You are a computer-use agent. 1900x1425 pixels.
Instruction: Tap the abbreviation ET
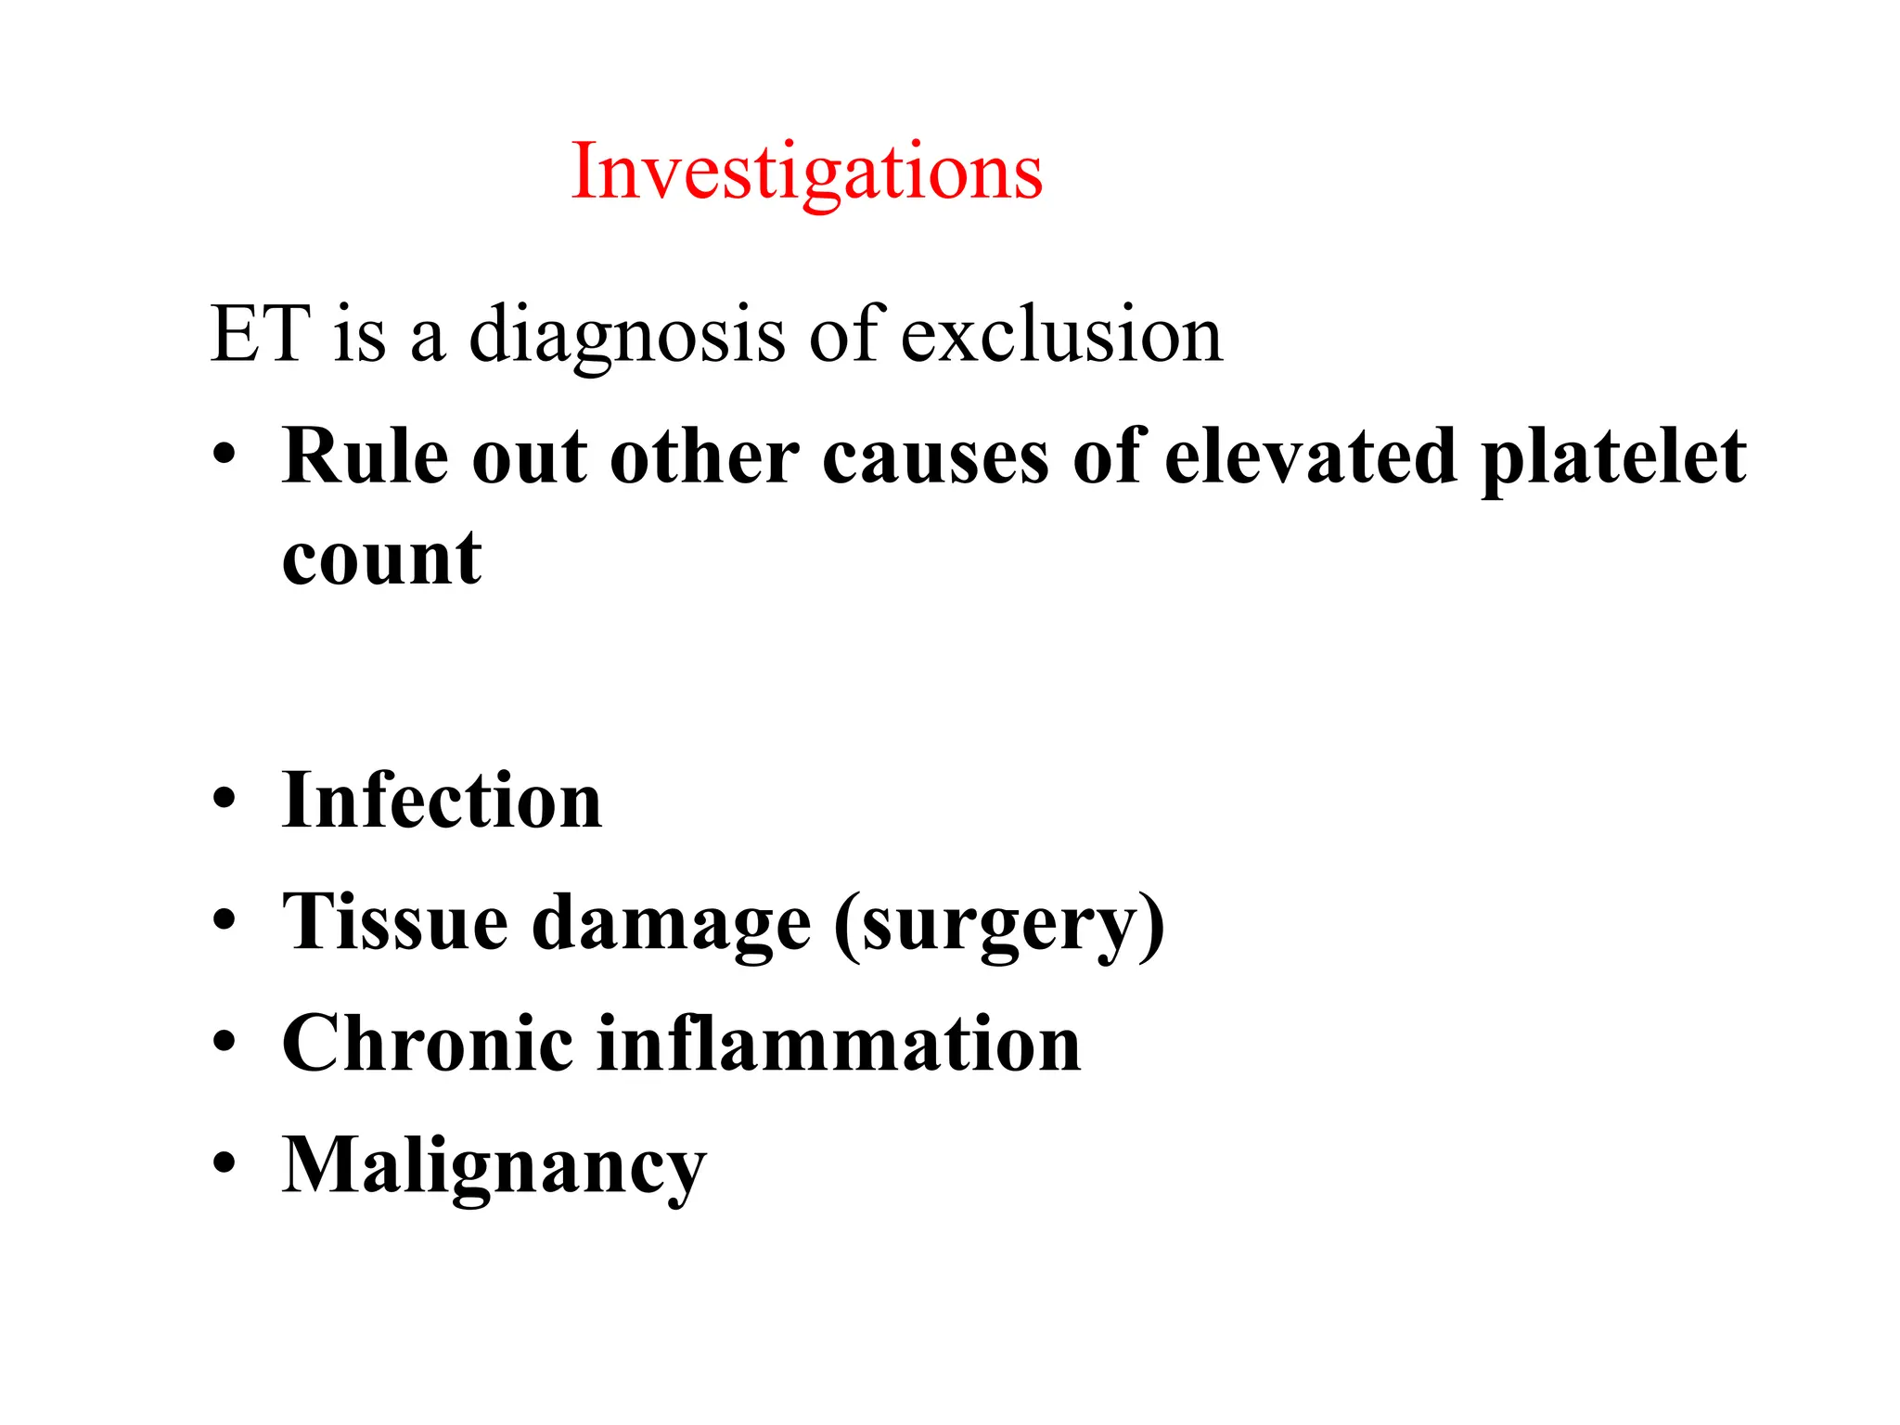pyautogui.click(x=260, y=334)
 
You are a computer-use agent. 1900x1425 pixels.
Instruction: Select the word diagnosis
pyautogui.click(x=626, y=336)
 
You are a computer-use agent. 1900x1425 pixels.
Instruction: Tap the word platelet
pyautogui.click(x=1613, y=457)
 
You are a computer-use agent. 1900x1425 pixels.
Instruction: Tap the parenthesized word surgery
pyautogui.click(x=999, y=926)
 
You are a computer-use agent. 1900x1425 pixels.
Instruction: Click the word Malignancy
pyautogui.click(x=494, y=1167)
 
